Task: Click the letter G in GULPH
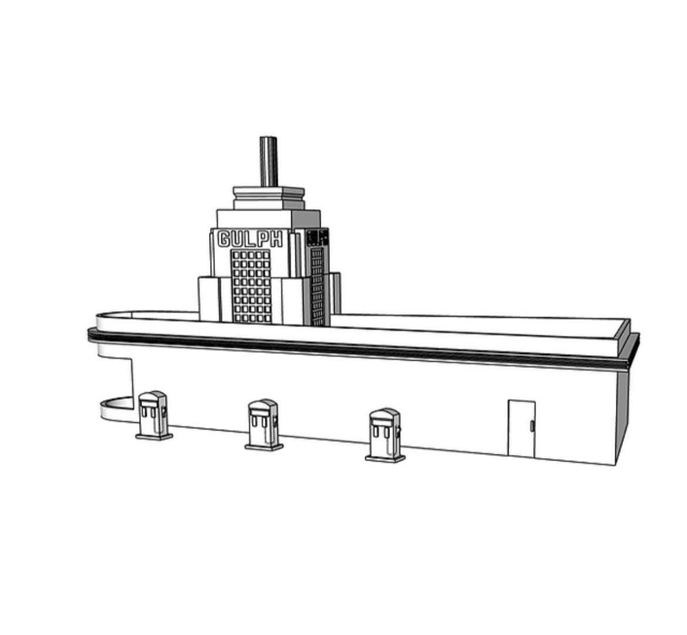pos(224,239)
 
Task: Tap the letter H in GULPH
pos(275,239)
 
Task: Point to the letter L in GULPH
pos(250,239)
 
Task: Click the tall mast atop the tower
pos(268,161)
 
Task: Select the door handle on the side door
pos(532,425)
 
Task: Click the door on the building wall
pos(521,428)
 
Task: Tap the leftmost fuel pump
pos(153,415)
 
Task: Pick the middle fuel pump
pos(264,424)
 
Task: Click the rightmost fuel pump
pos(385,435)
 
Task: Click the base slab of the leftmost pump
pos(154,437)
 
